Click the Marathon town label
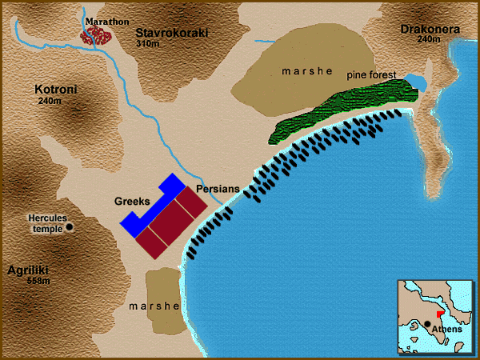(x=107, y=21)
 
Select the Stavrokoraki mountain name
(x=171, y=34)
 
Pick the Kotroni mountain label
(x=55, y=90)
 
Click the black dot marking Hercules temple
(x=70, y=227)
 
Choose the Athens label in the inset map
(x=446, y=330)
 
